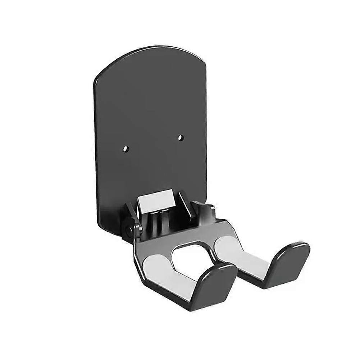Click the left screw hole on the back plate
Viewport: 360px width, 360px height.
pyautogui.click(x=125, y=148)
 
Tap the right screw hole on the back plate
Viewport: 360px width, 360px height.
pyautogui.click(x=181, y=137)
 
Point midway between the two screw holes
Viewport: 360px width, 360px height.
pyautogui.click(x=153, y=142)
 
